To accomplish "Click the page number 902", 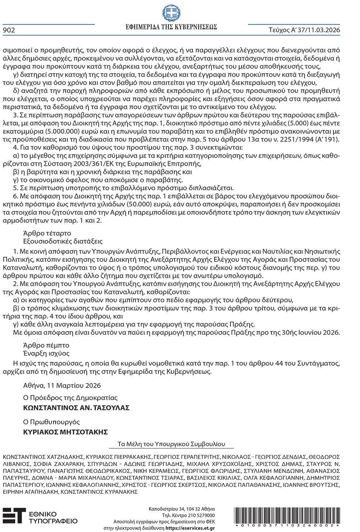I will [x=9, y=30].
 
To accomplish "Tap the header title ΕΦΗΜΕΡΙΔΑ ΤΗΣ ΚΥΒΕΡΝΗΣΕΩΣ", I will [x=171, y=27].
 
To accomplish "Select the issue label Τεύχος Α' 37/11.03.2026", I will [x=305, y=30].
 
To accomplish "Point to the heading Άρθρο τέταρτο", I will [x=47, y=233].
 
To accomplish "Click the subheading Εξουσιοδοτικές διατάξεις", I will [x=63, y=241].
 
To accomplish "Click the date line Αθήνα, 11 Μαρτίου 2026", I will [x=62, y=385].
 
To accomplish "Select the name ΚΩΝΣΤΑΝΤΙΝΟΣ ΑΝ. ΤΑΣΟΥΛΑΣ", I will [x=76, y=408].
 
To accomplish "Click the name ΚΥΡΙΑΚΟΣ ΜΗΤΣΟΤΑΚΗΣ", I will [x=66, y=432].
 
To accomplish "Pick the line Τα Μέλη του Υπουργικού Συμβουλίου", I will [x=171, y=444].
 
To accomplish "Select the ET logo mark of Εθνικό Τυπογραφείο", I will [x=14, y=515].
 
